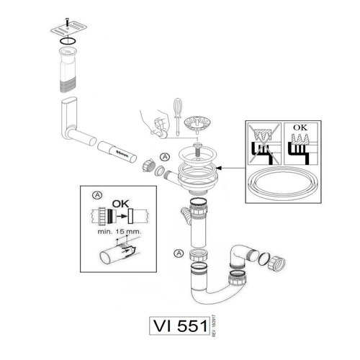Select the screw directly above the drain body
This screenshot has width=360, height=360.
(x=196, y=150)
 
